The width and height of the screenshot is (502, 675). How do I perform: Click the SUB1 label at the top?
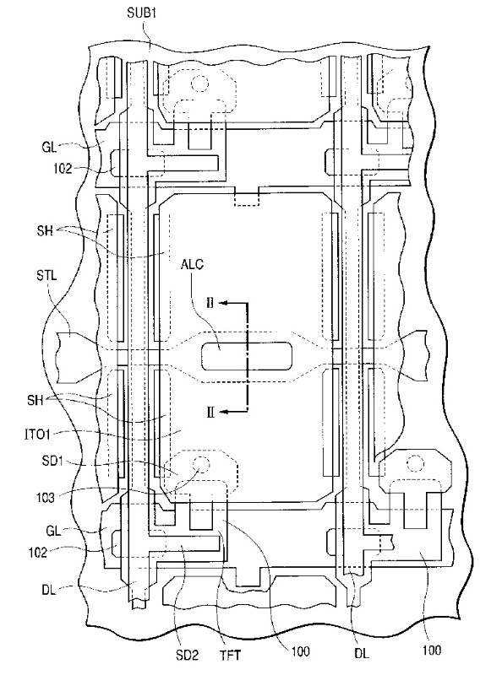pos(141,13)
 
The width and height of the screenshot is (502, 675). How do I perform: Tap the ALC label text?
pos(192,264)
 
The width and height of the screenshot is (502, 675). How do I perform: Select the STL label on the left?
pos(46,275)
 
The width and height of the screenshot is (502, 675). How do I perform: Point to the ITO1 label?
pos(37,435)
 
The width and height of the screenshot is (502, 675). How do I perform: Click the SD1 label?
pos(52,461)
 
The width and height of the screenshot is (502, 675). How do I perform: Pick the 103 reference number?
pos(46,498)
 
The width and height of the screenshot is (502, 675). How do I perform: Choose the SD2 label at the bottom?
pos(187,656)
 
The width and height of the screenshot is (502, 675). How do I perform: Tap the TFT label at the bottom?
pos(231,656)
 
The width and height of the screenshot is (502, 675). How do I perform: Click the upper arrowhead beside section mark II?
pos(223,303)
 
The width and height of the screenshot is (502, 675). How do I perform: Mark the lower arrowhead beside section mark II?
pos(223,412)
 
